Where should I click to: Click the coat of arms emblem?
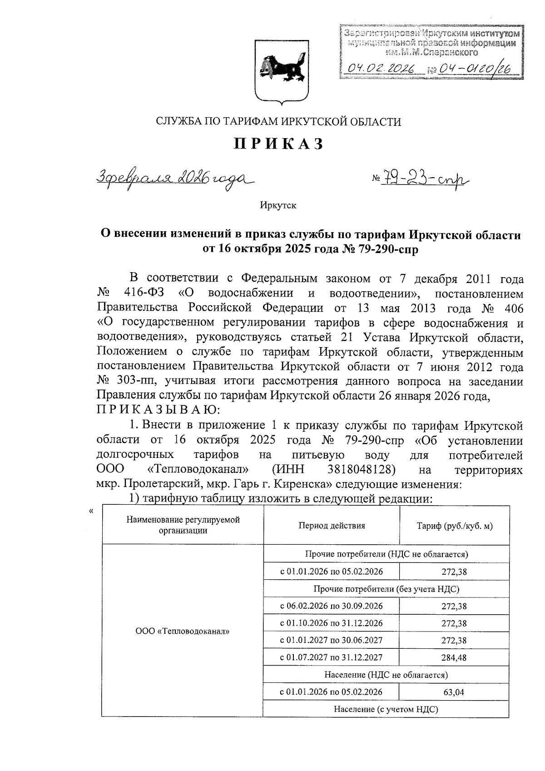(x=278, y=71)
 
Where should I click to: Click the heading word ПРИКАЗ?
(x=278, y=144)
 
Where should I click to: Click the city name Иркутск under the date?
(x=278, y=205)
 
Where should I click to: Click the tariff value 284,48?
(x=454, y=657)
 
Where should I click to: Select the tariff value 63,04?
(x=454, y=692)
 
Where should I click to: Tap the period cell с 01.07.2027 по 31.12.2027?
(x=331, y=657)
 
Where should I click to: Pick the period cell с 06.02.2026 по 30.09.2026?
(x=331, y=606)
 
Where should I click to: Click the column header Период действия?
(x=332, y=526)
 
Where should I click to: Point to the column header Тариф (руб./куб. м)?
(x=454, y=526)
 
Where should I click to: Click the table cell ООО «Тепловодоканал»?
(x=182, y=631)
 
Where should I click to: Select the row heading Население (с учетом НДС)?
(x=386, y=709)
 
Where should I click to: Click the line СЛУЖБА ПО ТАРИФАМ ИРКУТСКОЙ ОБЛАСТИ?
(x=278, y=122)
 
